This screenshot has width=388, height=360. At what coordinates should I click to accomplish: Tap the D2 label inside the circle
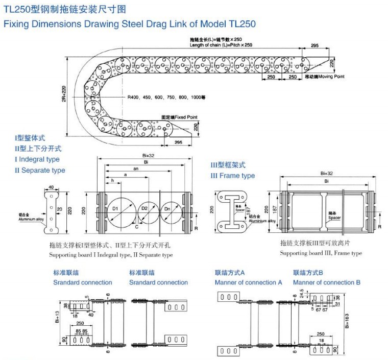144,209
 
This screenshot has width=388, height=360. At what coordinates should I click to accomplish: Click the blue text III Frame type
232,176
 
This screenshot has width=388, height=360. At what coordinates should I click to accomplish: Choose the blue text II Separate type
40,170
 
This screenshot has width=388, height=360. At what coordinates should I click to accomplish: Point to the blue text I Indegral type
37,159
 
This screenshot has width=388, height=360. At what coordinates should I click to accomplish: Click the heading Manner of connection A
248,282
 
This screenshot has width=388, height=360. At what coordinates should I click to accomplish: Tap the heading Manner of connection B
327,282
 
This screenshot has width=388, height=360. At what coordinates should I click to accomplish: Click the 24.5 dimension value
302,293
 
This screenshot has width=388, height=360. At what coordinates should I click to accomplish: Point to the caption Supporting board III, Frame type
321,253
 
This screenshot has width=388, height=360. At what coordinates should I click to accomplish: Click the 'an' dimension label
135,168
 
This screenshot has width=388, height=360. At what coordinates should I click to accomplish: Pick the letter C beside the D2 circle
137,225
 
